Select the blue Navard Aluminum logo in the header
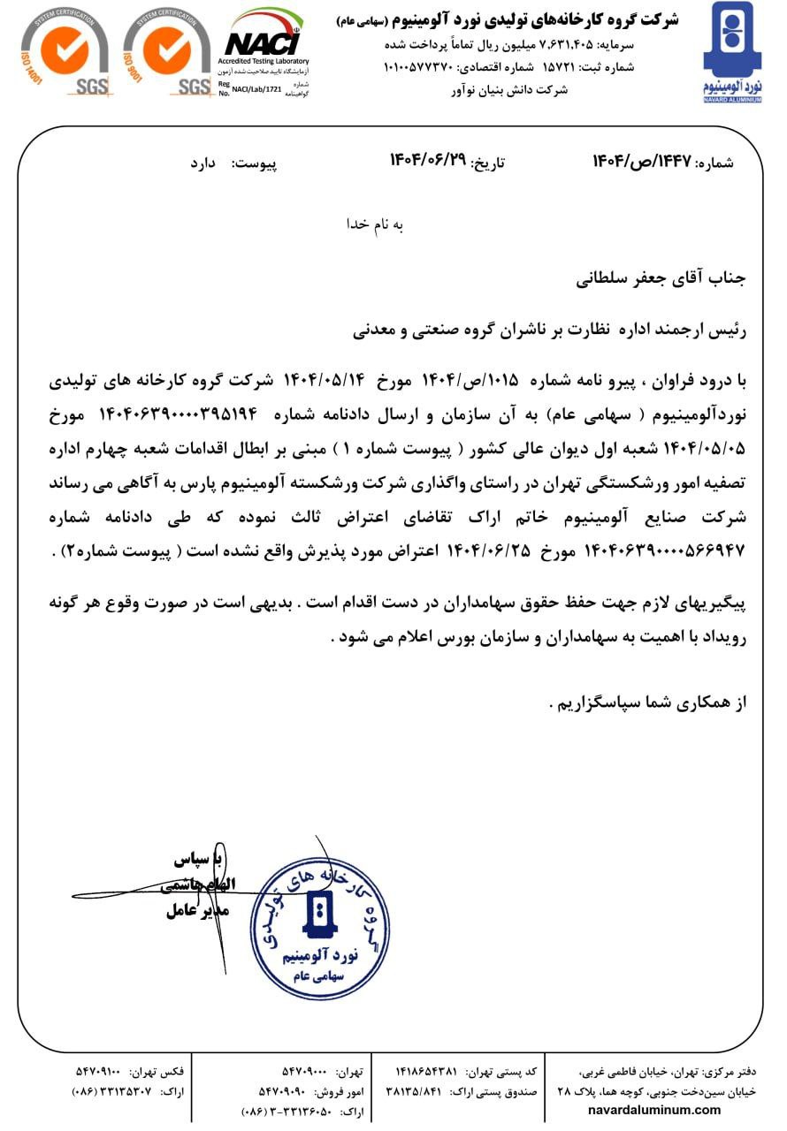click(x=731, y=51)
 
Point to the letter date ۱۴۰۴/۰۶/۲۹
click(x=427, y=163)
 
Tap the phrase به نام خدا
click(x=374, y=224)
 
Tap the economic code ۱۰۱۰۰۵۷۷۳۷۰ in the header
click(x=419, y=67)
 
